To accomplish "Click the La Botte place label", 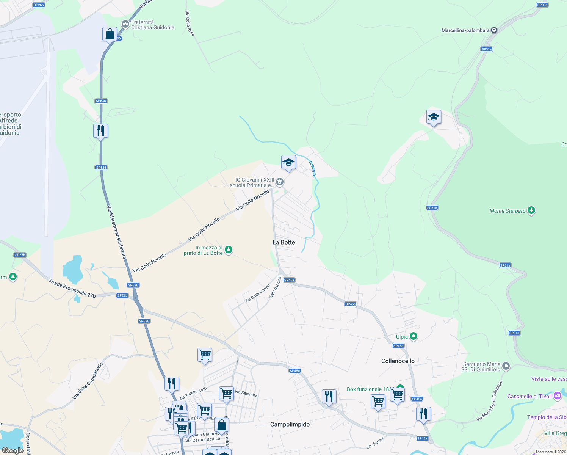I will [x=283, y=242].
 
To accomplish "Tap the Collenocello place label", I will [x=398, y=361].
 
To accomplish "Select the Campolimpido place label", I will [x=290, y=424].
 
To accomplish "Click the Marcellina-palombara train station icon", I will [x=494, y=30].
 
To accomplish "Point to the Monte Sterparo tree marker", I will [x=531, y=210].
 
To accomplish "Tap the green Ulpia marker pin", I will [x=414, y=336].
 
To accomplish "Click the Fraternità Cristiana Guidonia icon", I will [x=125, y=24].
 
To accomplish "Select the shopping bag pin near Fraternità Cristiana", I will [x=110, y=35].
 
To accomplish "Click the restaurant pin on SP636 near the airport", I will [x=100, y=131].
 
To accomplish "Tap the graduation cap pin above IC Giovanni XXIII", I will [x=288, y=163].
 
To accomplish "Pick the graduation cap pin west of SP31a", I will [x=433, y=117].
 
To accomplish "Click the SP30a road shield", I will [x=542, y=5].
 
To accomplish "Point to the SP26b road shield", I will [x=39, y=5].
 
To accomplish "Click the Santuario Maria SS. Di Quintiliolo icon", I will [x=506, y=366].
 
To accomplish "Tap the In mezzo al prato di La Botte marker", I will [x=229, y=249].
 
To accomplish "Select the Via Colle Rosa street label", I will [x=190, y=24].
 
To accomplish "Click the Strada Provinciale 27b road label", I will [x=72, y=288].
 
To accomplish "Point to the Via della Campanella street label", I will [x=88, y=381].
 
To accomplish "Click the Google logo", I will [x=13, y=450].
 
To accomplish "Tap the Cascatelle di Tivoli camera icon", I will [x=557, y=396].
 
